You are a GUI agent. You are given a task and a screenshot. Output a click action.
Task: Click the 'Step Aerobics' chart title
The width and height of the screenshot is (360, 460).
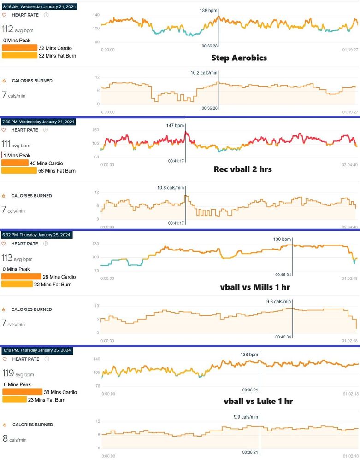point(239,58)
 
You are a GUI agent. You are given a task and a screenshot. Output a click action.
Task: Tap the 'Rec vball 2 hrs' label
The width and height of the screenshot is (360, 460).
point(242,169)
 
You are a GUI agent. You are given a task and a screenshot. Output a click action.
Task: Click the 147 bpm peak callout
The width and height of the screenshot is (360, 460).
point(175,125)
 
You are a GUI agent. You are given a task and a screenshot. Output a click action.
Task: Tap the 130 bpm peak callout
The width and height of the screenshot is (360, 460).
point(282,239)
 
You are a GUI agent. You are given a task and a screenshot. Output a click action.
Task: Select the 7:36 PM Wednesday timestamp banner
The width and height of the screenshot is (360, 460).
point(38,122)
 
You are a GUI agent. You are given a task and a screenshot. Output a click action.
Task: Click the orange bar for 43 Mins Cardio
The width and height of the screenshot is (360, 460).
point(15,163)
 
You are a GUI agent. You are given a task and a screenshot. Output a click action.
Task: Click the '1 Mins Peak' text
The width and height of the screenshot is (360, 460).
point(18,156)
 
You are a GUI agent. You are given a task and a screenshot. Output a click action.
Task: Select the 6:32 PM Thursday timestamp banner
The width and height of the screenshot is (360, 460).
point(36,235)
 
